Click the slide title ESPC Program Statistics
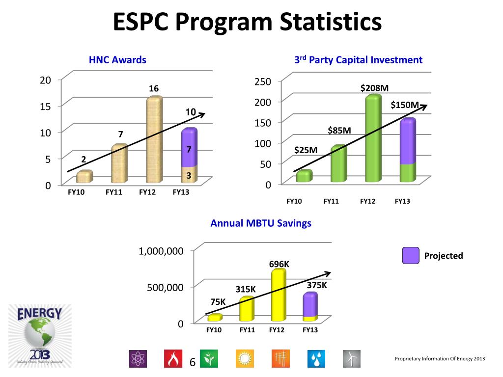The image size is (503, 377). (247, 22)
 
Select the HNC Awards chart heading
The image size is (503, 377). (117, 60)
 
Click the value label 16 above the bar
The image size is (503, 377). (154, 89)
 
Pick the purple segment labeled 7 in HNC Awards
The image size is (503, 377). (189, 149)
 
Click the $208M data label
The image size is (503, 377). (374, 88)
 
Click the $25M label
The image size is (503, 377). (306, 150)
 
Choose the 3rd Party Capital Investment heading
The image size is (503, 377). (358, 60)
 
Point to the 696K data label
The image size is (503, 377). (279, 265)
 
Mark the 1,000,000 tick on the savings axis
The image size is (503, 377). (161, 251)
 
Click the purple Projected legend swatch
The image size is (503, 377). (410, 255)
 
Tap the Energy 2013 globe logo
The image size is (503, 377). (40, 335)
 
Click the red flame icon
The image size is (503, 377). (172, 359)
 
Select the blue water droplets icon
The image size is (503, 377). (316, 359)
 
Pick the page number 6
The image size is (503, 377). (192, 363)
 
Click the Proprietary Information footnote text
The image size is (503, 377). (440, 359)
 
